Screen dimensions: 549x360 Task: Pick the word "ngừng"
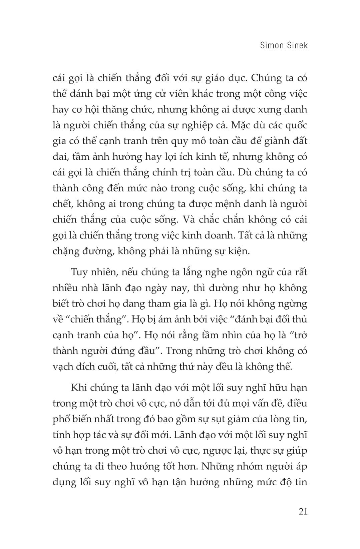click(x=292, y=304)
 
